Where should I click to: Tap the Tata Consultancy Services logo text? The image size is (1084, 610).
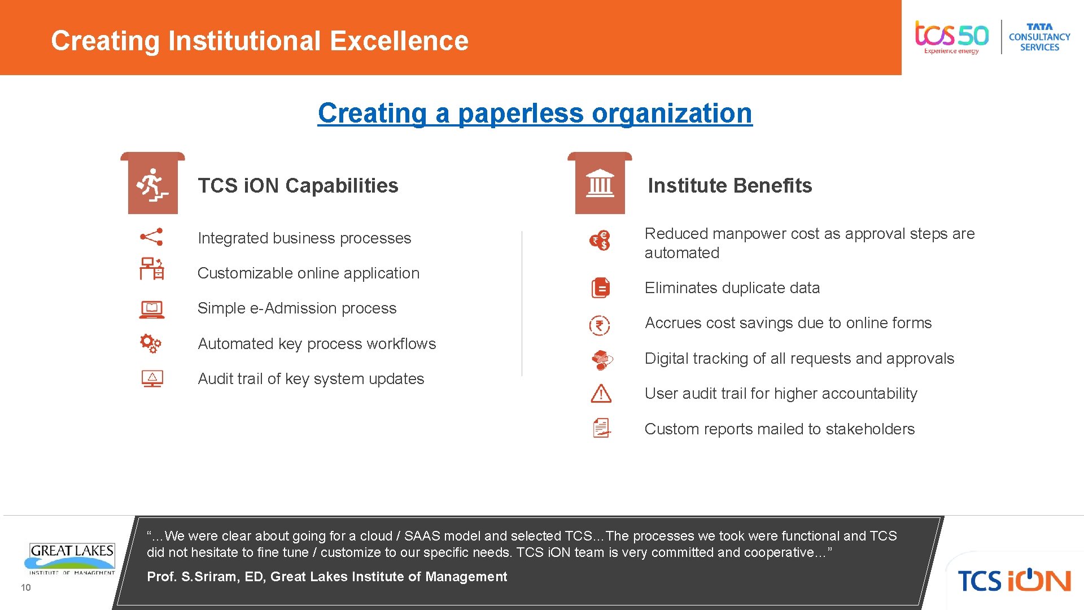(x=1039, y=37)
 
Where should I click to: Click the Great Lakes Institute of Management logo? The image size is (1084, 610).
(x=72, y=558)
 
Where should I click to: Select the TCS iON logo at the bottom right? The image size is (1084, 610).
(x=1014, y=580)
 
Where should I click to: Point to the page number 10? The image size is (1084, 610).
(x=26, y=587)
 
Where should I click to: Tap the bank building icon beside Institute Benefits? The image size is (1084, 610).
(x=600, y=184)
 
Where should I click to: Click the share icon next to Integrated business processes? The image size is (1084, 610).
(x=151, y=237)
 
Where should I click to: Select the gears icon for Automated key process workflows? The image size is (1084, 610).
(x=151, y=343)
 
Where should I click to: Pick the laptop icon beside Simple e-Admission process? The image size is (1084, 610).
(x=151, y=309)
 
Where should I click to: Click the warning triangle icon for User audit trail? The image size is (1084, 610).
(x=601, y=393)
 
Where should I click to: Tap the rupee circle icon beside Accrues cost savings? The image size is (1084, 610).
(x=600, y=325)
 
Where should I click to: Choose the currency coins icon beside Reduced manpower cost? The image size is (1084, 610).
(x=600, y=241)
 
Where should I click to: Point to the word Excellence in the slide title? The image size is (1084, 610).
(x=399, y=41)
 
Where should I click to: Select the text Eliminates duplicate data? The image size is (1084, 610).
(x=732, y=288)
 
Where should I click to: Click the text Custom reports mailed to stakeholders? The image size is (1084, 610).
(x=779, y=429)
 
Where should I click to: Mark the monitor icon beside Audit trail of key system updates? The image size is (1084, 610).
(x=152, y=378)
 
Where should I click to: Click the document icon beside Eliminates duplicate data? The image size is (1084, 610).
(x=601, y=288)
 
